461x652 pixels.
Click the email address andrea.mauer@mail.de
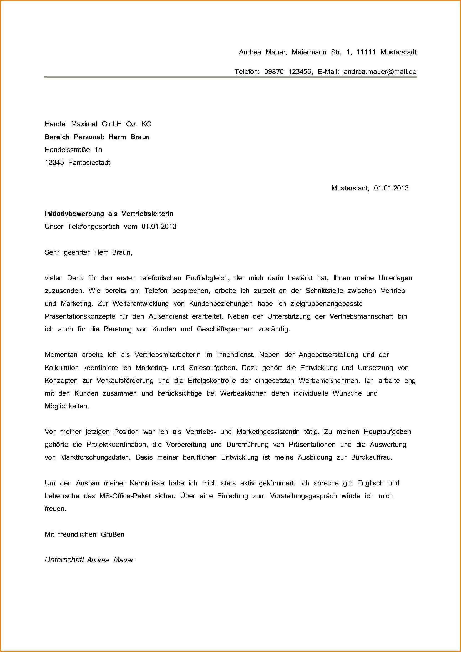point(380,72)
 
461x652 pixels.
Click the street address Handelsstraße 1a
point(73,150)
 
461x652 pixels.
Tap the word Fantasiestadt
point(89,163)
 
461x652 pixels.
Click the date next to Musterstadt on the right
point(391,188)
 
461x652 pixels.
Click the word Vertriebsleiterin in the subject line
point(147,214)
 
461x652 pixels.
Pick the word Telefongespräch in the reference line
point(93,227)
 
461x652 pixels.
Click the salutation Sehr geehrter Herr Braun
point(89,252)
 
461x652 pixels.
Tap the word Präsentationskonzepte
point(80,316)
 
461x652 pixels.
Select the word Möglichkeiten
point(67,406)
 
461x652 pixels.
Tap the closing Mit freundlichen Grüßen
point(84,534)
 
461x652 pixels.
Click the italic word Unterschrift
point(64,560)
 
